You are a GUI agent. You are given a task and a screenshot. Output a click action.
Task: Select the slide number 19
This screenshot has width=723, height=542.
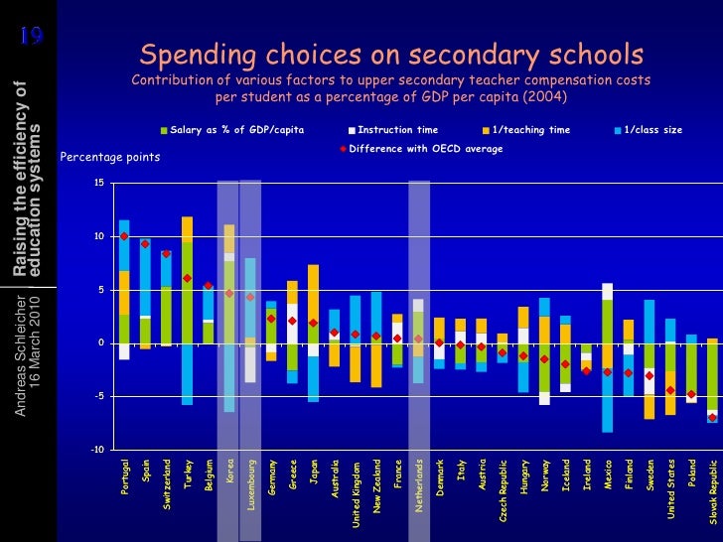tap(31, 38)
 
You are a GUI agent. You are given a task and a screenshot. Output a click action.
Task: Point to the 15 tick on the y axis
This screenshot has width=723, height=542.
tap(97, 183)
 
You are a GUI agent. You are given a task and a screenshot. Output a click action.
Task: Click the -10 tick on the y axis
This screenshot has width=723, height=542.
tap(96, 450)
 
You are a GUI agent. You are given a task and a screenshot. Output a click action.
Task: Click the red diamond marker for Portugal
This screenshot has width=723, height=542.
tap(124, 236)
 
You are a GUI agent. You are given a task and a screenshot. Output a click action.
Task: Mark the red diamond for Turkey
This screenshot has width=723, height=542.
tap(187, 278)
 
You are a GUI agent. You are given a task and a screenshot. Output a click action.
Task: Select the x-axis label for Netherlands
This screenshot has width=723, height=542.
tap(419, 485)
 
